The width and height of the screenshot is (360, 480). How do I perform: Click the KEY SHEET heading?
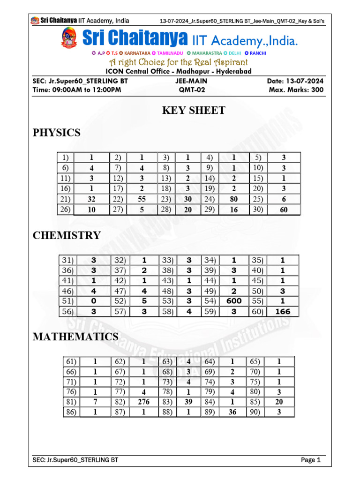(193, 111)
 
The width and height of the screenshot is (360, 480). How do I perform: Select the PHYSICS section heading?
(56, 133)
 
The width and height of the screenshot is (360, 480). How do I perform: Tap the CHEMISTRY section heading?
(67, 235)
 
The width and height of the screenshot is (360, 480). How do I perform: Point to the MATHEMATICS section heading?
(75, 337)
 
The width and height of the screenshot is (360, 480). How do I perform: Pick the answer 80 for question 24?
(233, 199)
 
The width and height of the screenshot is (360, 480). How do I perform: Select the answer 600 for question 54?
(233, 301)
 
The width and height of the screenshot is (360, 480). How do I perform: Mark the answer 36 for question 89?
(232, 412)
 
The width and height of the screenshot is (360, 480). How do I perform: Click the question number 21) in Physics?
(64, 199)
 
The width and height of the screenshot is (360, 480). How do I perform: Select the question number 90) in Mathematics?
(255, 412)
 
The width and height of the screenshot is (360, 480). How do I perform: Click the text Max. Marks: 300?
(296, 90)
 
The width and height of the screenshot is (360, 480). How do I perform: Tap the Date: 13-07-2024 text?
(295, 81)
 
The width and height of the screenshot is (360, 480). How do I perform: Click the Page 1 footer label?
(310, 460)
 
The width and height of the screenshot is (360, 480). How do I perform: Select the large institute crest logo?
(69, 38)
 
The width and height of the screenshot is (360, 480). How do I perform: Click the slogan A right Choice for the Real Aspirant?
(179, 62)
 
